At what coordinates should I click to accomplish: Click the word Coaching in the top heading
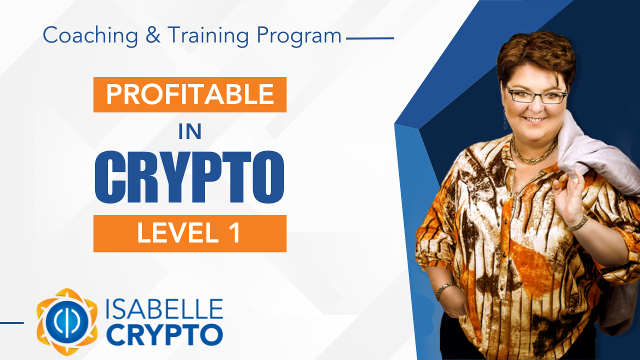[90, 35]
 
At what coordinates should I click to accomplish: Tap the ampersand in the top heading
[153, 35]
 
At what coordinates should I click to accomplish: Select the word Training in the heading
[208, 35]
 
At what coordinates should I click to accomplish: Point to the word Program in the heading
[299, 36]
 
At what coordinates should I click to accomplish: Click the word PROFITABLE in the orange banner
[190, 94]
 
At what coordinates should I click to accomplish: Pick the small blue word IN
[190, 131]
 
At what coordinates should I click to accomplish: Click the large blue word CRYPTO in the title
[189, 177]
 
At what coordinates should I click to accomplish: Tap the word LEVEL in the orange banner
[178, 233]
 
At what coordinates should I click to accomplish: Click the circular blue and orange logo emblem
[67, 321]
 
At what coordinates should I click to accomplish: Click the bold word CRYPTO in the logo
[165, 334]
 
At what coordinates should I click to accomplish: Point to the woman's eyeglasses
[536, 96]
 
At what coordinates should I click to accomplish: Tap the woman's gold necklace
[533, 151]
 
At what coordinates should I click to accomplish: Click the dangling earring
[505, 120]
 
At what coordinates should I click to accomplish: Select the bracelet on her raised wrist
[577, 223]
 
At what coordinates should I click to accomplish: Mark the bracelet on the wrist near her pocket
[444, 289]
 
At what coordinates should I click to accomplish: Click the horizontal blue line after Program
[370, 38]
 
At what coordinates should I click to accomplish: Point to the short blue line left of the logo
[11, 323]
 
